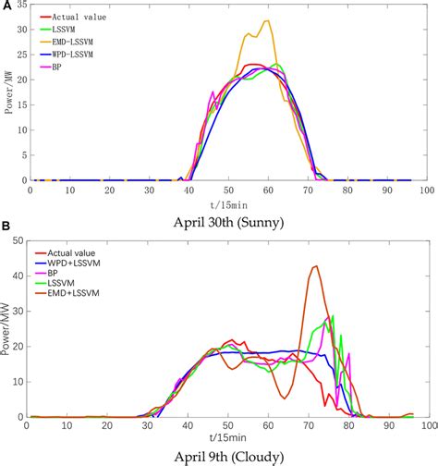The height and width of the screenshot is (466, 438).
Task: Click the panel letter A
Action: click(6, 6)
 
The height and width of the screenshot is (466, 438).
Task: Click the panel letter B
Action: click(6, 226)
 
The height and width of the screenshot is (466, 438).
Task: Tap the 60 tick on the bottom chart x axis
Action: click(267, 426)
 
